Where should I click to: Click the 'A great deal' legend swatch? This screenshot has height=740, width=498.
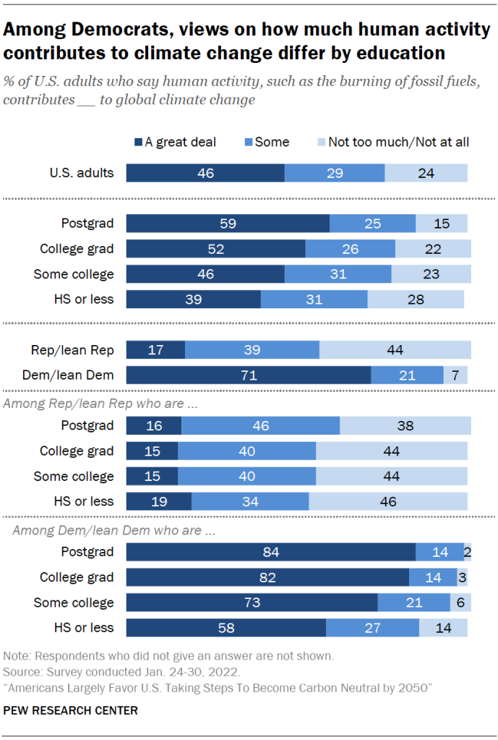coord(138,143)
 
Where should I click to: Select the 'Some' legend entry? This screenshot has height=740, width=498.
coord(272,143)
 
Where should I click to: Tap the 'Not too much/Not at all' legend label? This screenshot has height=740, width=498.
coord(398,143)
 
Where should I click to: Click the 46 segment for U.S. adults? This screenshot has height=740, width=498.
coord(205,172)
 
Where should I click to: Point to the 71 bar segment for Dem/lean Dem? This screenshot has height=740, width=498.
coord(248,375)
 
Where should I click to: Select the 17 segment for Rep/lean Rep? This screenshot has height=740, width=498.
coord(155,350)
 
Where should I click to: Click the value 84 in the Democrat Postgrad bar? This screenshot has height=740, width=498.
coord(270,552)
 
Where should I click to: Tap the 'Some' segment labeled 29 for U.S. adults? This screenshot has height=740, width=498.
coord(334,172)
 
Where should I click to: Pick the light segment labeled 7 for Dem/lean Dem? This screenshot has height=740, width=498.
coord(455,375)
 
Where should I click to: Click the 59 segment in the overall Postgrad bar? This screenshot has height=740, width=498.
coord(228,224)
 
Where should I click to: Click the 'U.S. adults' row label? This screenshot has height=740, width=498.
coord(82,172)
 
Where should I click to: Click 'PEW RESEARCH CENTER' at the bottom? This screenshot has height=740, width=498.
coord(70,711)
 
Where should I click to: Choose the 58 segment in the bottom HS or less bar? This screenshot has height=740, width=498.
coord(226,628)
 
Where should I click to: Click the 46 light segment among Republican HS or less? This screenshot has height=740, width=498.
coord(387,501)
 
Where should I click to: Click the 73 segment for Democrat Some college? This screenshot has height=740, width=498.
coord(252,603)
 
